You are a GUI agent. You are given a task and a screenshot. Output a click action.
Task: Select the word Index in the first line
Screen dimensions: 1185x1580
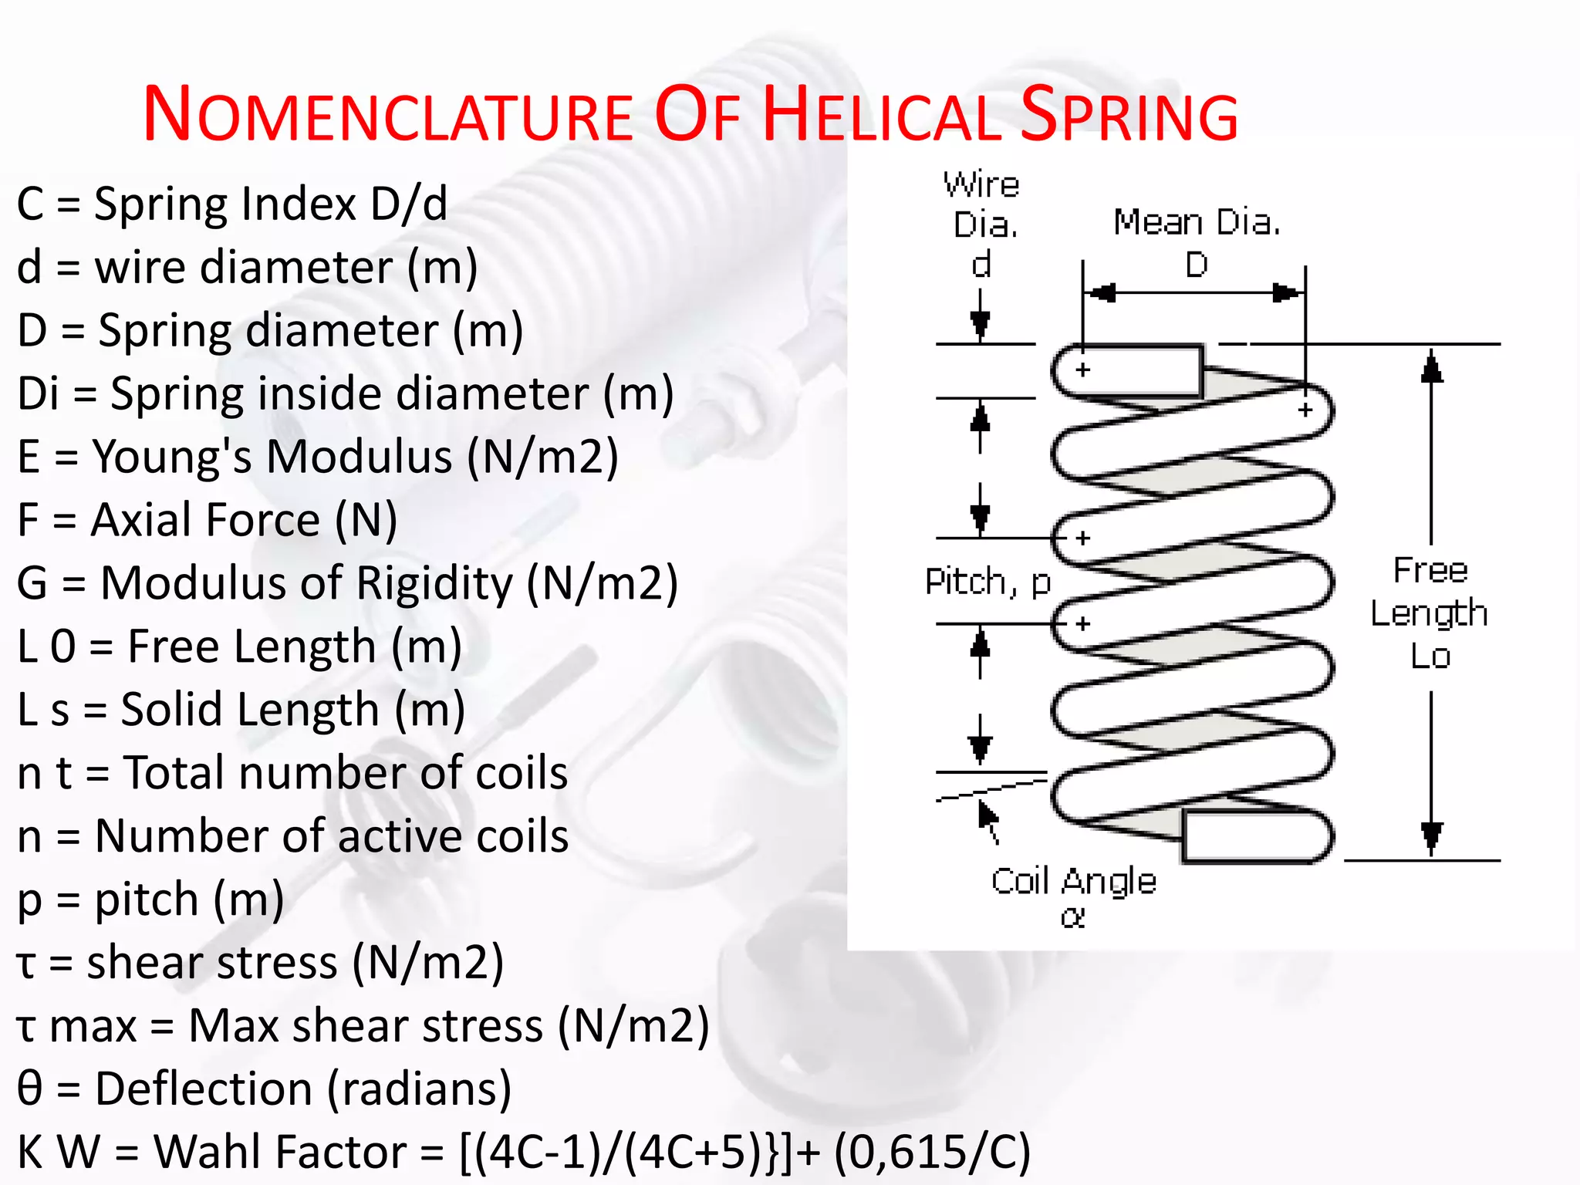[299, 204]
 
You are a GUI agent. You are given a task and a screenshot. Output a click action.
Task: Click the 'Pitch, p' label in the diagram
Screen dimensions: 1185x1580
[987, 582]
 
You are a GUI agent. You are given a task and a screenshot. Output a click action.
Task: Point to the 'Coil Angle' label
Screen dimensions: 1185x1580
[1073, 881]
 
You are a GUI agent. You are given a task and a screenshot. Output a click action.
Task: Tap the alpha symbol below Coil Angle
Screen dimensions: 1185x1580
[1072, 917]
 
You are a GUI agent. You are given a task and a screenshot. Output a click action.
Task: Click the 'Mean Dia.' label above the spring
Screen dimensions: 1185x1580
[1197, 223]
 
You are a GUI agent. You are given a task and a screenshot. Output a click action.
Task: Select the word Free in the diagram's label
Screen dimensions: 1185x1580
[1430, 571]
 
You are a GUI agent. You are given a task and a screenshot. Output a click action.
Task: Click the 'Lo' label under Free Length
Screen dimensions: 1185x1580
[1430, 657]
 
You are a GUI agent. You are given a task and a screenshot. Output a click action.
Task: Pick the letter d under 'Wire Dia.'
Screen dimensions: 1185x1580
[981, 265]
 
